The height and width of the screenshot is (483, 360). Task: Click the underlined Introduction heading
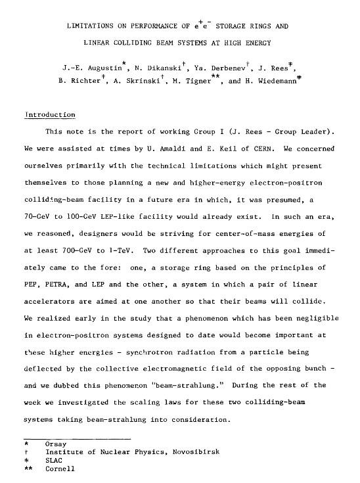tap(49, 115)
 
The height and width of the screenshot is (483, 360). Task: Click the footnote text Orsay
tap(55, 444)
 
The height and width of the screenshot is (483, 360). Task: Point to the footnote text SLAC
tap(53, 461)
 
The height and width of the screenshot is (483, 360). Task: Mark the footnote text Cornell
tap(60, 469)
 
